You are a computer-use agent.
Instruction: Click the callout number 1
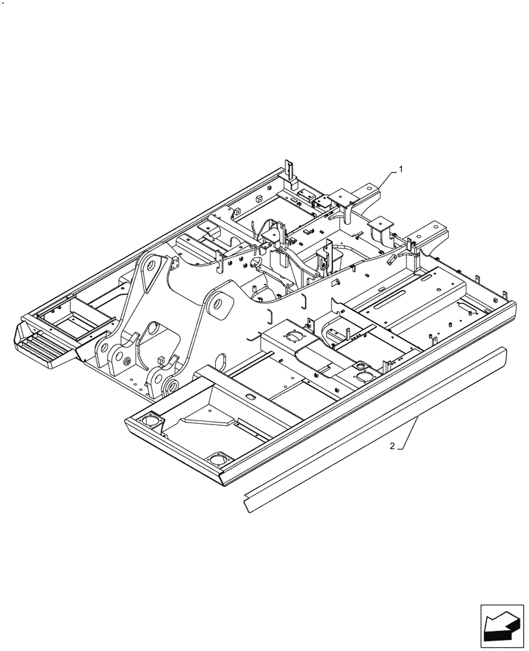401,169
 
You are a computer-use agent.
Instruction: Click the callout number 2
391,446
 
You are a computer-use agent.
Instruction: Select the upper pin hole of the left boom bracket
150,268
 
